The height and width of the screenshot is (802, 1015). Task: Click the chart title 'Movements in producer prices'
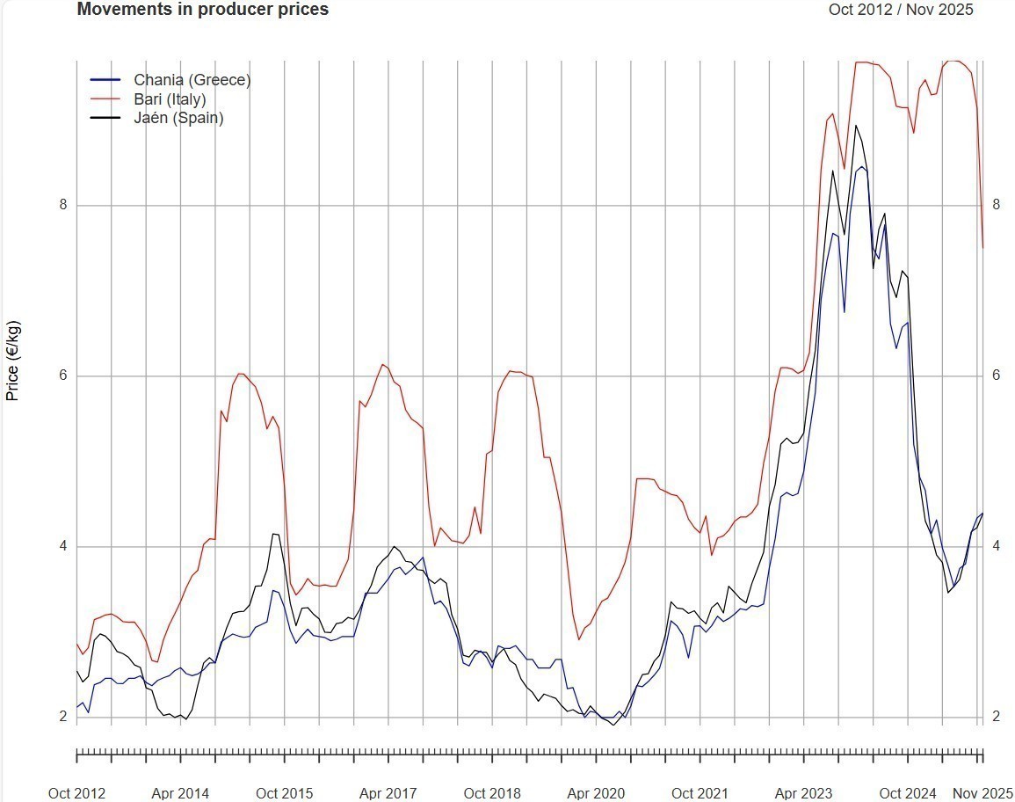pos(203,10)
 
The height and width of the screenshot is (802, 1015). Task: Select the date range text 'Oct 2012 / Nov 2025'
pos(901,10)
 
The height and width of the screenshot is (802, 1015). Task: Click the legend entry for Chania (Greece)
pos(192,80)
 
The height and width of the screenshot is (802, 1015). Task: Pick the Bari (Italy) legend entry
pos(170,99)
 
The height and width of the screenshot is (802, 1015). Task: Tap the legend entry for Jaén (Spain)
pos(178,118)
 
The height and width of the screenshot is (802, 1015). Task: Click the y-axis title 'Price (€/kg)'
pos(13,361)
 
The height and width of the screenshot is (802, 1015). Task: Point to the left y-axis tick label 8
pos(62,206)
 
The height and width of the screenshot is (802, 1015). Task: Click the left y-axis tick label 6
pos(62,376)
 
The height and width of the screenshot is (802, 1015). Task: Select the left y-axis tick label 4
pos(62,547)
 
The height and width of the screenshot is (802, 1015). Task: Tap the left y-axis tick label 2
pos(62,718)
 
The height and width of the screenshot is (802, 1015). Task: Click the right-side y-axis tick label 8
pos(996,205)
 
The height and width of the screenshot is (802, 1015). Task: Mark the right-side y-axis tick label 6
pos(996,375)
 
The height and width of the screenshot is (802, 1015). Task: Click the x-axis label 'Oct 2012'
pos(76,793)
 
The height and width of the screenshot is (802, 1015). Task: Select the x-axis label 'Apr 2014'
pos(180,793)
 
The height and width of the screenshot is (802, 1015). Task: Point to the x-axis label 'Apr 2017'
pos(388,793)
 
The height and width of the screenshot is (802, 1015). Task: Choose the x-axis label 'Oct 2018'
pos(492,793)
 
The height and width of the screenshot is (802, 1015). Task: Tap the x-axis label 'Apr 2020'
pos(596,793)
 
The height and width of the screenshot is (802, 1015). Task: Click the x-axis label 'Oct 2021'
pos(700,793)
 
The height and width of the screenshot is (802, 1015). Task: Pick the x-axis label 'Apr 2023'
pos(803,793)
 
